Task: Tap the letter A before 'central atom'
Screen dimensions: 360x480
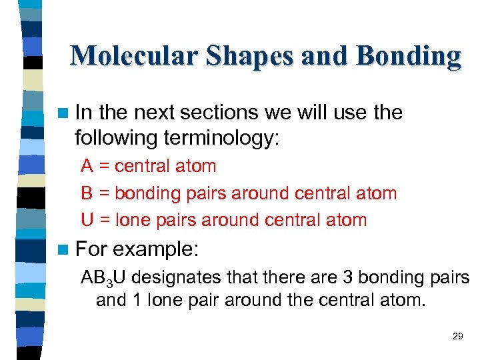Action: click(x=87, y=166)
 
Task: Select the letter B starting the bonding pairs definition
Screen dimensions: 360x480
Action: click(x=87, y=193)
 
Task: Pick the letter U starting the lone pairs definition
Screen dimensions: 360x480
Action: click(x=87, y=220)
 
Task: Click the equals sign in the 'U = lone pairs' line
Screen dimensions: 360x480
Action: click(x=104, y=221)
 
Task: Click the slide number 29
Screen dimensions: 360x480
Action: click(x=457, y=336)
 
